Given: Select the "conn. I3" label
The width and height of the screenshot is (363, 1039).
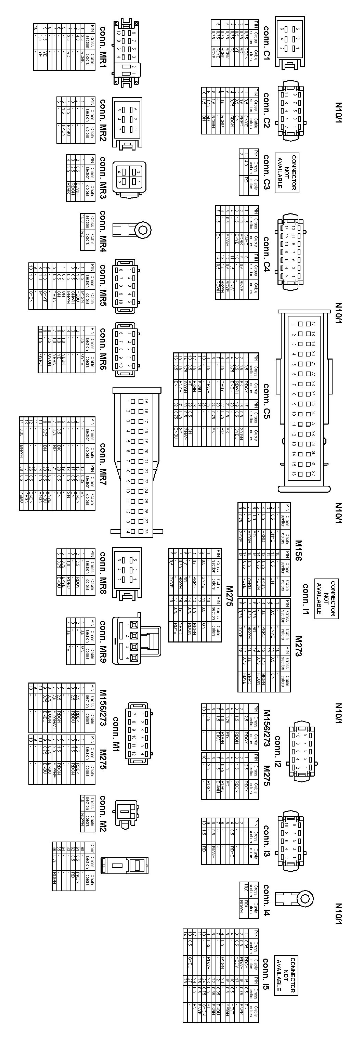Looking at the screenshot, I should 266,841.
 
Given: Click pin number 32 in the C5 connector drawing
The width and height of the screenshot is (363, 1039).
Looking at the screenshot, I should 313,473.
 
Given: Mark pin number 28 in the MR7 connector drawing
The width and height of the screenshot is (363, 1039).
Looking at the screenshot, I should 146,531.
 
